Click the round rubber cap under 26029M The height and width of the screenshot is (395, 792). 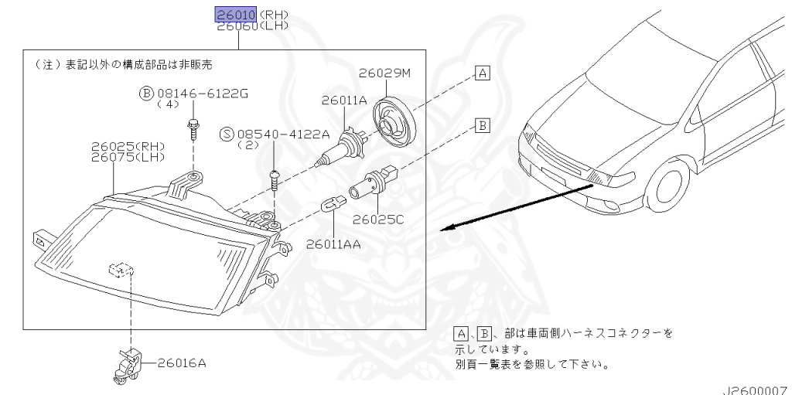[394, 121]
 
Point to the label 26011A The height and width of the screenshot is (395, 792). [343, 100]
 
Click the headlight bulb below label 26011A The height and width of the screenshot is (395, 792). [340, 148]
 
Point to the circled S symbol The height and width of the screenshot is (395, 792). [226, 134]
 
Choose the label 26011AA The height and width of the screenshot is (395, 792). [333, 243]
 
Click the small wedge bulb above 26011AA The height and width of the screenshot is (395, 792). [332, 207]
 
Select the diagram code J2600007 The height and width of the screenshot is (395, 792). [756, 390]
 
